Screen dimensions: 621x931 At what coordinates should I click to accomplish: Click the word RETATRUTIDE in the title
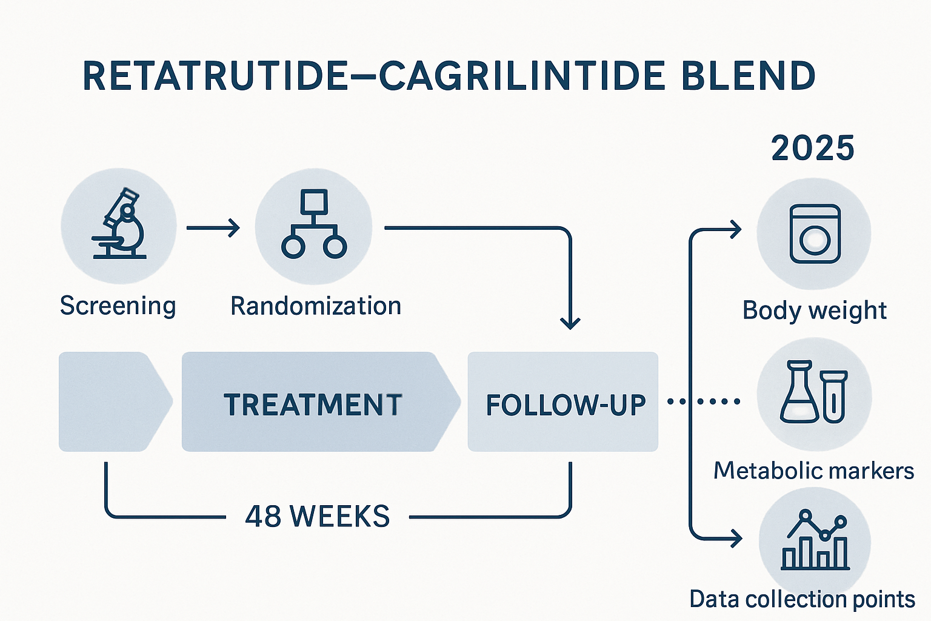(x=215, y=77)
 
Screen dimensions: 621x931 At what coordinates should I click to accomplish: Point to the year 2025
(x=812, y=149)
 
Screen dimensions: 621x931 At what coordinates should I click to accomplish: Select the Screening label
(x=118, y=306)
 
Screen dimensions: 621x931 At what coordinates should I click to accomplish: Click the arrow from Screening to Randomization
(x=213, y=228)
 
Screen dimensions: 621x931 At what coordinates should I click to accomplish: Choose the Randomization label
(x=316, y=306)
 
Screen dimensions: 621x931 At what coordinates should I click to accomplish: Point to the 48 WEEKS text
(x=318, y=517)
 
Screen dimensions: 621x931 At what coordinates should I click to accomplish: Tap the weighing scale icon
(x=815, y=233)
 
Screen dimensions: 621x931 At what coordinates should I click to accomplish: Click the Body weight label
(x=814, y=310)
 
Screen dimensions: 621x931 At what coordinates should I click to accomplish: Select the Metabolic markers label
(x=813, y=471)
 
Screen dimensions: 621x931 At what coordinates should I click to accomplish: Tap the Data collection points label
(x=802, y=599)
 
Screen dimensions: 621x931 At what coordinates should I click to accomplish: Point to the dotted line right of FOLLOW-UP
(x=703, y=401)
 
